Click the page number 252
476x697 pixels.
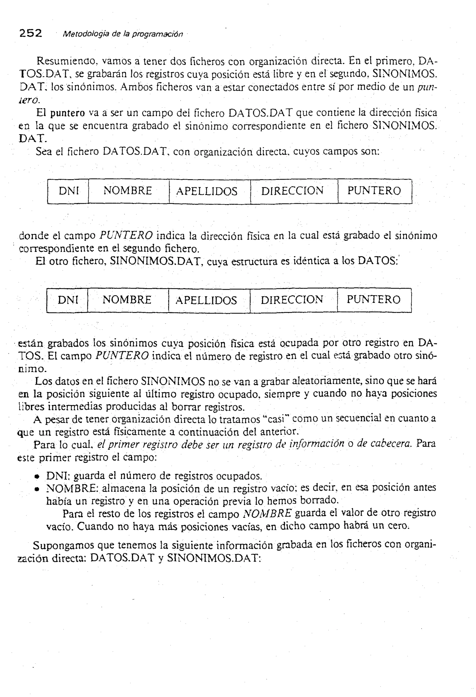(31, 33)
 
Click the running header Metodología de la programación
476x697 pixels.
(122, 34)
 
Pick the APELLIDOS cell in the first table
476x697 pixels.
(207, 191)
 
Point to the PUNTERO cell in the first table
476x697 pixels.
(374, 191)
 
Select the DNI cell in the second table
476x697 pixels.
(68, 300)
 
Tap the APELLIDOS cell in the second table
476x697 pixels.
(206, 300)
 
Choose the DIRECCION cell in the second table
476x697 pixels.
(292, 300)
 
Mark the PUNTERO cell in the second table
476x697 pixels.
(374, 300)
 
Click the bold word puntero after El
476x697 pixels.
(67, 113)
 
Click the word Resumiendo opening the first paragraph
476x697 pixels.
(67, 61)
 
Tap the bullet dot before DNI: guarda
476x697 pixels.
(37, 477)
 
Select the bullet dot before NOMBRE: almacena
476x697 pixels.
(37, 489)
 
